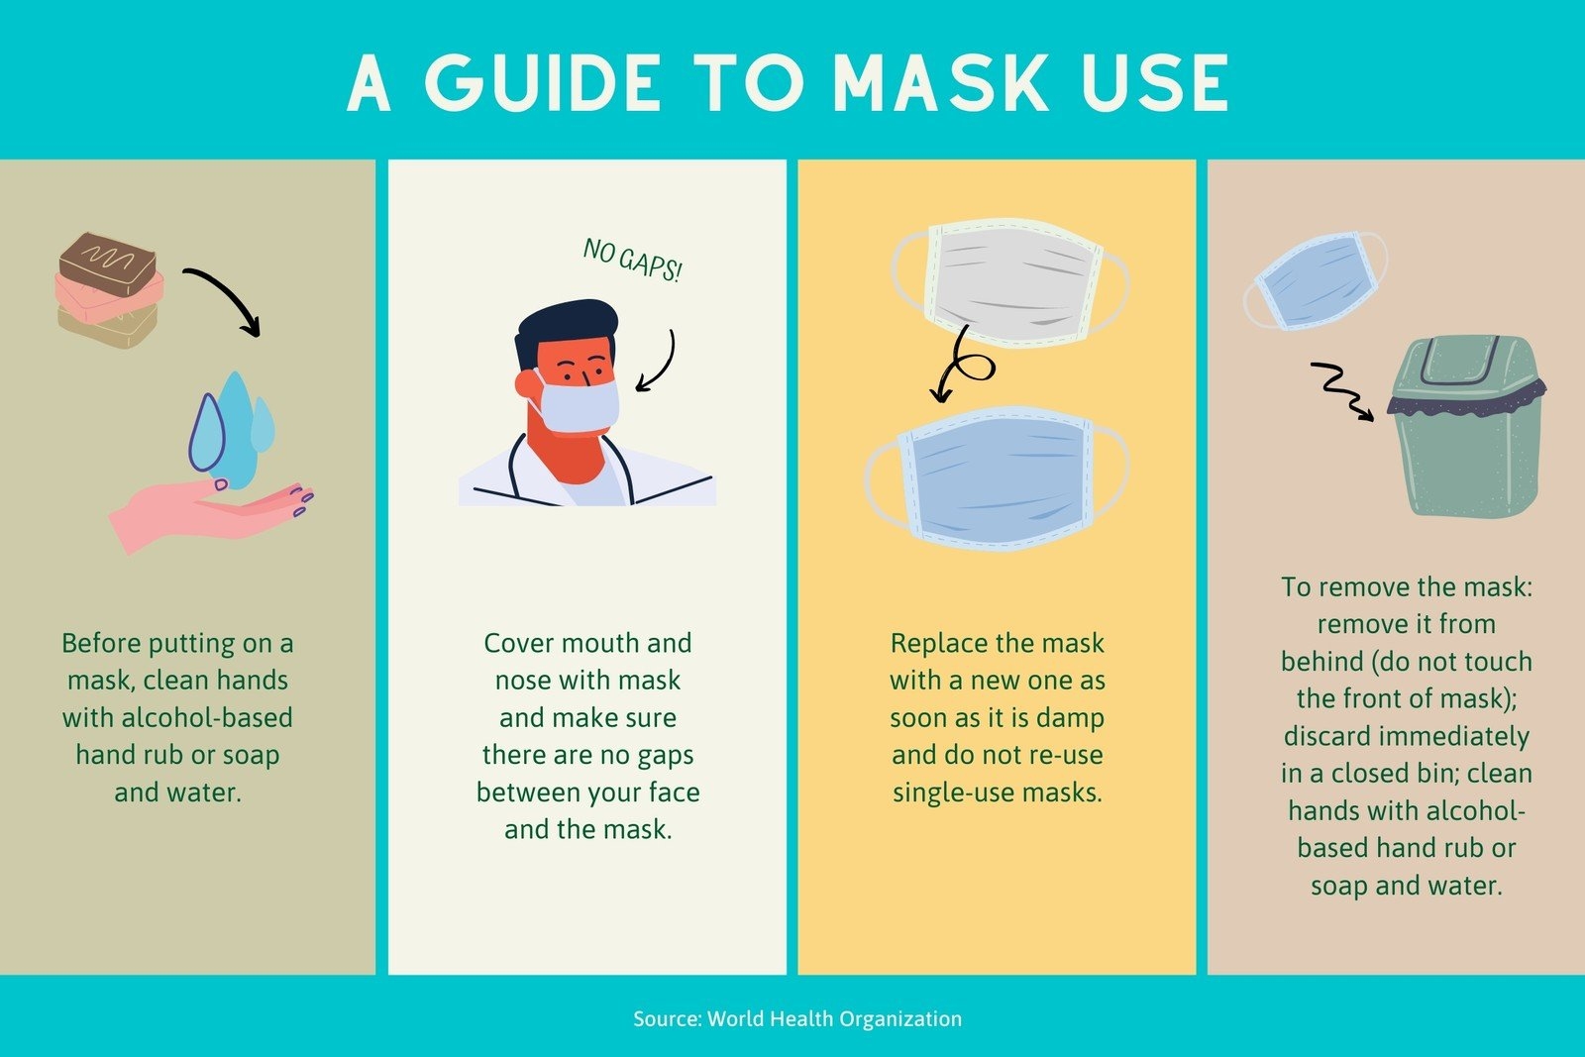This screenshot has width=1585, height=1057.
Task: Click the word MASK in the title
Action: [x=941, y=83]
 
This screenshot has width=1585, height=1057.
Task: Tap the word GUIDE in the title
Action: [x=543, y=83]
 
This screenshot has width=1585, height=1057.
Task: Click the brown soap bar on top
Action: [x=108, y=264]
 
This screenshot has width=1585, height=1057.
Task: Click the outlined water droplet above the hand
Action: [x=207, y=433]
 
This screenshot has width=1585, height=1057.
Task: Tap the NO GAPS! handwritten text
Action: [x=633, y=260]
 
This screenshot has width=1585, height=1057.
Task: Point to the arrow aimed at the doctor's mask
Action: [x=665, y=365]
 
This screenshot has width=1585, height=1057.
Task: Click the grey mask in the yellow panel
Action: [x=1010, y=282]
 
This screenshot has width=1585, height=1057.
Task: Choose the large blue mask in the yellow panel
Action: [x=997, y=478]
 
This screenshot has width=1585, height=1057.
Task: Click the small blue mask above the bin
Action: [x=1316, y=281]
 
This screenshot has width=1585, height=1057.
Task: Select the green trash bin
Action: [x=1467, y=426]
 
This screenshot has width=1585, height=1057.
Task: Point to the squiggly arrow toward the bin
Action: [x=1342, y=390]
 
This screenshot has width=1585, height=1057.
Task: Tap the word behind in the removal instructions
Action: [x=1321, y=662]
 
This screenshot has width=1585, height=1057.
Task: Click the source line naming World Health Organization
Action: [x=797, y=1018]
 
